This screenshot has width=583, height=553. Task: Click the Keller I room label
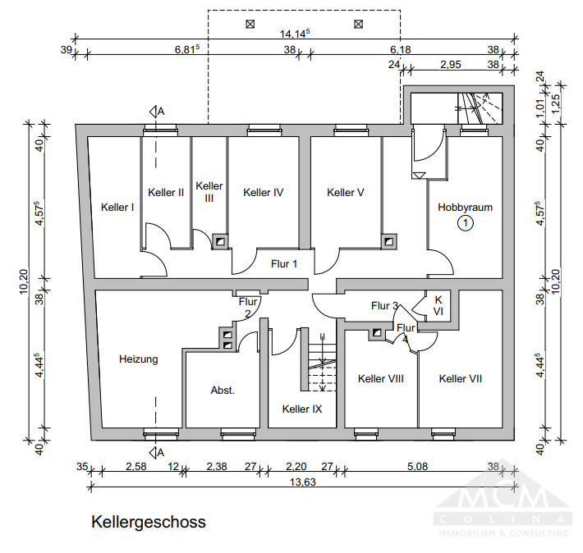coord(117,207)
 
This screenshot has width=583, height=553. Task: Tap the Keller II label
coord(166,193)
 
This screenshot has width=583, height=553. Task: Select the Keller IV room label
coord(264,193)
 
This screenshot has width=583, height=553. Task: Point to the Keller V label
coord(345,193)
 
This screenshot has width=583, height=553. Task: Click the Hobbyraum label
coord(465,208)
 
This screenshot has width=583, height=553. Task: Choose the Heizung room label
coord(138,359)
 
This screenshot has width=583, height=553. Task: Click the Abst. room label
coord(223,391)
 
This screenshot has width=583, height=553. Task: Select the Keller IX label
coord(301,409)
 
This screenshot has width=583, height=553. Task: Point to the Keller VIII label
coord(381,379)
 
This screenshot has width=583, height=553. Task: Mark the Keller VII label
coord(460,379)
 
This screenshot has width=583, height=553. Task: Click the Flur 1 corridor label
coord(284,263)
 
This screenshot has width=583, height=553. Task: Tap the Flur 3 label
coord(384,306)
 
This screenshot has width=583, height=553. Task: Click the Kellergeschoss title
coord(149,522)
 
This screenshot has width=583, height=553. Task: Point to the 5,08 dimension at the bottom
coord(418,466)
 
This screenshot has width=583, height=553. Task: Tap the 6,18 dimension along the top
coord(401,50)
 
